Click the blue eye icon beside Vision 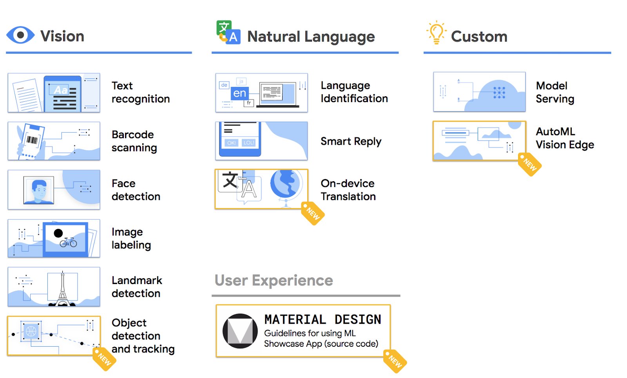(x=20, y=36)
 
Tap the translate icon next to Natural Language (x=228, y=32)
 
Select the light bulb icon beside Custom (x=436, y=32)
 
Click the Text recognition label (x=140, y=92)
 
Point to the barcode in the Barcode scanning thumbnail (x=31, y=140)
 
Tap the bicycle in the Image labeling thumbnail (x=68, y=242)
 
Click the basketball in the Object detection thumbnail (x=31, y=331)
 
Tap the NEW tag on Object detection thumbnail (x=104, y=358)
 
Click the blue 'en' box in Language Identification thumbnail (x=239, y=93)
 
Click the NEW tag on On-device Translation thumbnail (x=313, y=213)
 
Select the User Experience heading (x=274, y=281)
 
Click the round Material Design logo (x=240, y=331)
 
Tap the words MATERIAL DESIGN (x=323, y=319)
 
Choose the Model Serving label (x=555, y=92)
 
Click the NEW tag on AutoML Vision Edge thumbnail (x=529, y=164)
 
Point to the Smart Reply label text (x=351, y=141)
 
